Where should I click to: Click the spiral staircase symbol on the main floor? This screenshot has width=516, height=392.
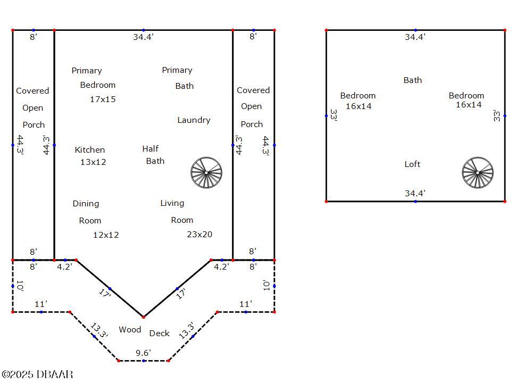pos(206,172)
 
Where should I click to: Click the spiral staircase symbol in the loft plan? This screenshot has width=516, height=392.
pos(478,172)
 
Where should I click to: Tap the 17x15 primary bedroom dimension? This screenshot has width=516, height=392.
pos(103,99)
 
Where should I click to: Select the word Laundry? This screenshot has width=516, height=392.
pos(194,120)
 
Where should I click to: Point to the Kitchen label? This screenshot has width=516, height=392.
pos(90,150)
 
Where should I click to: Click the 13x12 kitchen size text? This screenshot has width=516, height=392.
pos(93,162)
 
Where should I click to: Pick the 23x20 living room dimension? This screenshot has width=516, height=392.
pos(199,235)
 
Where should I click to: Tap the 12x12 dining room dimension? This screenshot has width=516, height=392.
pos(106,235)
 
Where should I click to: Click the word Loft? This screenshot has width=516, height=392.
pos(412,164)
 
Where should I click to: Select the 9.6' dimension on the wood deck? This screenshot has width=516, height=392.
pos(143,353)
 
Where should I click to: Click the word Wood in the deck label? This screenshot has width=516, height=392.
pos(130,329)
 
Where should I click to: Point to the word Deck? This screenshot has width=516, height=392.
pos(159,333)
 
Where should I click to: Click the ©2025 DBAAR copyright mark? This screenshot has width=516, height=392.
pos(37,374)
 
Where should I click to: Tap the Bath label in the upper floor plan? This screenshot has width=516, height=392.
pos(413,80)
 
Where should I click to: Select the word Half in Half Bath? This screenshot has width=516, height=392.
pos(151,149)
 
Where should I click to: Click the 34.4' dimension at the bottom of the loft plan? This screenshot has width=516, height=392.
pos(415,193)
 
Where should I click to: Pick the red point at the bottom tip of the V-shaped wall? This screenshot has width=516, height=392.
pos(144,317)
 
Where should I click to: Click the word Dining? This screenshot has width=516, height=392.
pos(86,204)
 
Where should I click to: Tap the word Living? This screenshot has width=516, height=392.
pos(172,203)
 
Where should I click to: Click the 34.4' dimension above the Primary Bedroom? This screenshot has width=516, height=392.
pos(143,37)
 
